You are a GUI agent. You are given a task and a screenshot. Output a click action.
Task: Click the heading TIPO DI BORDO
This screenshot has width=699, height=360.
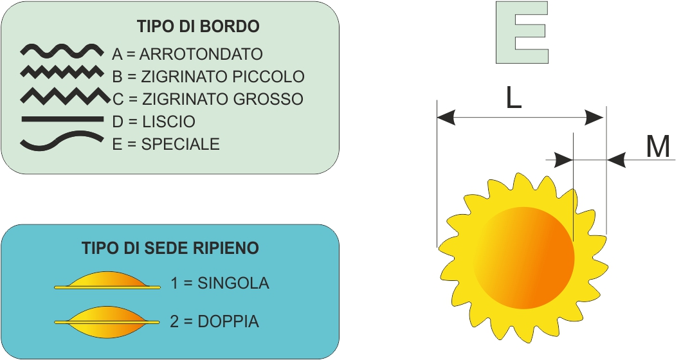(198, 26)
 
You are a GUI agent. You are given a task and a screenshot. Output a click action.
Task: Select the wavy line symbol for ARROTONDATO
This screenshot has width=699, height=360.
(62, 51)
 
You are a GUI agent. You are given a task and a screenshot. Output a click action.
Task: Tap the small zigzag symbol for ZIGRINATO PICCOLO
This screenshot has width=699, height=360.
(62, 72)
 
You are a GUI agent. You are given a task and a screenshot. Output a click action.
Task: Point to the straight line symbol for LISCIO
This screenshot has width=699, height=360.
(62, 119)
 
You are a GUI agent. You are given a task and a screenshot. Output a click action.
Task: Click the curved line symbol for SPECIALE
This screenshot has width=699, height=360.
(62, 140)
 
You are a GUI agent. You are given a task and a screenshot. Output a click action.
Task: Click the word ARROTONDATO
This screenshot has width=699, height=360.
(201, 55)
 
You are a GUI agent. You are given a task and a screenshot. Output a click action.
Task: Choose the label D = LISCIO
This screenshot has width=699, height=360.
(154, 122)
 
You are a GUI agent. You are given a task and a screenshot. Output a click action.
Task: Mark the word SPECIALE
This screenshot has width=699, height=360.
(181, 145)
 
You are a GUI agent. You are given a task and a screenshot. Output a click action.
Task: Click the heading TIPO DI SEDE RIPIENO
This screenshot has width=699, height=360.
(170, 248)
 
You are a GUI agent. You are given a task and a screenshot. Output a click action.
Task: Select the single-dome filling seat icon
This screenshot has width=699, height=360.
(107, 281)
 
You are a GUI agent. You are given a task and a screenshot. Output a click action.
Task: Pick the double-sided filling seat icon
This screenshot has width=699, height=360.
(107, 322)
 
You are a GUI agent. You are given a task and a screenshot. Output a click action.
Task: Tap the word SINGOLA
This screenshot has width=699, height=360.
(233, 283)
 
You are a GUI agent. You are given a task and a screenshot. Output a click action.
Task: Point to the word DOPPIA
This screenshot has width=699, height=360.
(228, 321)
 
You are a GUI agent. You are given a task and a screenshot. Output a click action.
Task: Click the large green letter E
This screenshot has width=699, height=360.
(522, 33)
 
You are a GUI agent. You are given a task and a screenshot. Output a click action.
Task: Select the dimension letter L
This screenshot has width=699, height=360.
(514, 98)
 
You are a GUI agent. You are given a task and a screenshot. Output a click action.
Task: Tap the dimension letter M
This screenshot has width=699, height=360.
(658, 147)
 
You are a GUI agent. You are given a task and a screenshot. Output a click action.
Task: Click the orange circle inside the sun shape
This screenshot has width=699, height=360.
(523, 258)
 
